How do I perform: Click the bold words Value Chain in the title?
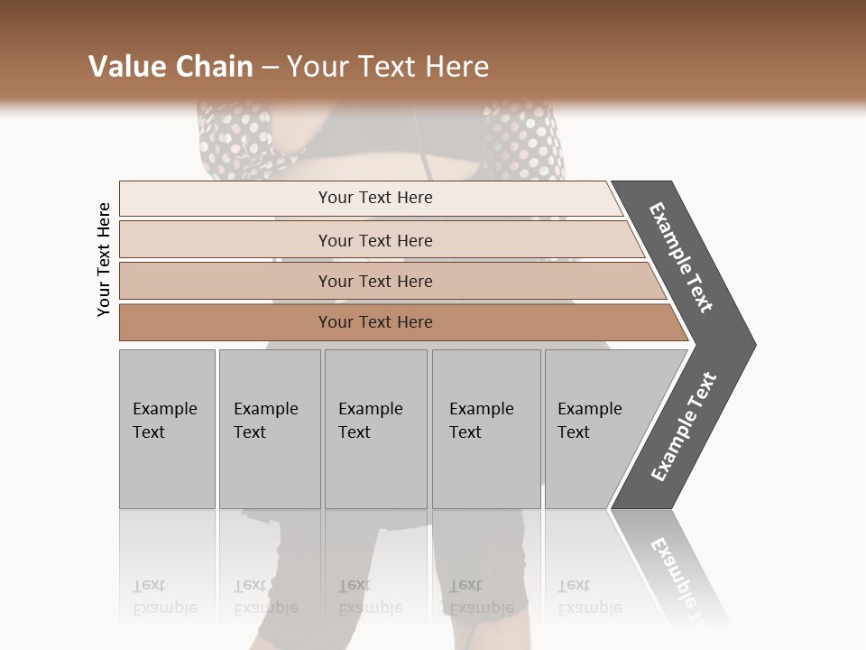coord(170,67)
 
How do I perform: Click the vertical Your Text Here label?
coord(104,259)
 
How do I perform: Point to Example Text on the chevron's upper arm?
coord(681,257)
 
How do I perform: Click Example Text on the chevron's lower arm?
coord(683,427)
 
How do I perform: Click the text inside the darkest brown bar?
coord(375,322)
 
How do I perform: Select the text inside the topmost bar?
coord(375,198)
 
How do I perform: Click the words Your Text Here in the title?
coord(388,67)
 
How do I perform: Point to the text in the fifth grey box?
coord(589,420)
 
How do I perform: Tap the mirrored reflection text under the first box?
coord(164,597)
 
